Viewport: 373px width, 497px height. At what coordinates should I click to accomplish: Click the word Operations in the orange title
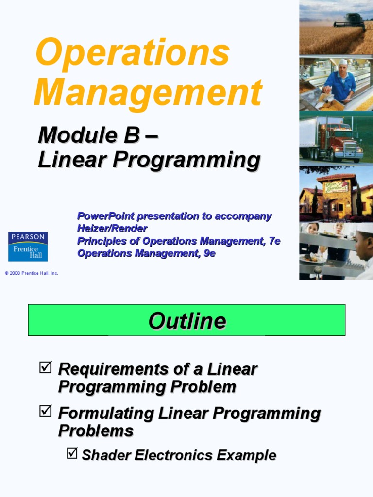pos(132,53)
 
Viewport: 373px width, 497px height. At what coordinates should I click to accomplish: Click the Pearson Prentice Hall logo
pos(28,247)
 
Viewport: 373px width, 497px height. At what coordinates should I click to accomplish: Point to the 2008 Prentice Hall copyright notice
pos(32,273)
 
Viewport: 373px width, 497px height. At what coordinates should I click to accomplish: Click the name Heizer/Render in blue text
pos(112,228)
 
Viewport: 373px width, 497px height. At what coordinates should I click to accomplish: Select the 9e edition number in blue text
pos(209,253)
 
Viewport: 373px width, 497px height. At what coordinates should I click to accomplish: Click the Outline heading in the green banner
pos(187,321)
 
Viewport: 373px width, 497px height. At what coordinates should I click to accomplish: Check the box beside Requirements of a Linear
pos(45,367)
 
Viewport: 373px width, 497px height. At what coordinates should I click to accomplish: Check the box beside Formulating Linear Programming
pos(45,412)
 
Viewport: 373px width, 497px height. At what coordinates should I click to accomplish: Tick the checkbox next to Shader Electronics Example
pos(72,454)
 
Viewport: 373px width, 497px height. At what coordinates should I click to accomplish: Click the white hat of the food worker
pos(343,62)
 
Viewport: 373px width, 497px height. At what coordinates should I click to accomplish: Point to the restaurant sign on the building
pos(337,186)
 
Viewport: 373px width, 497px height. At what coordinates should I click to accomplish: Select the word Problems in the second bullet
pos(96,431)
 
